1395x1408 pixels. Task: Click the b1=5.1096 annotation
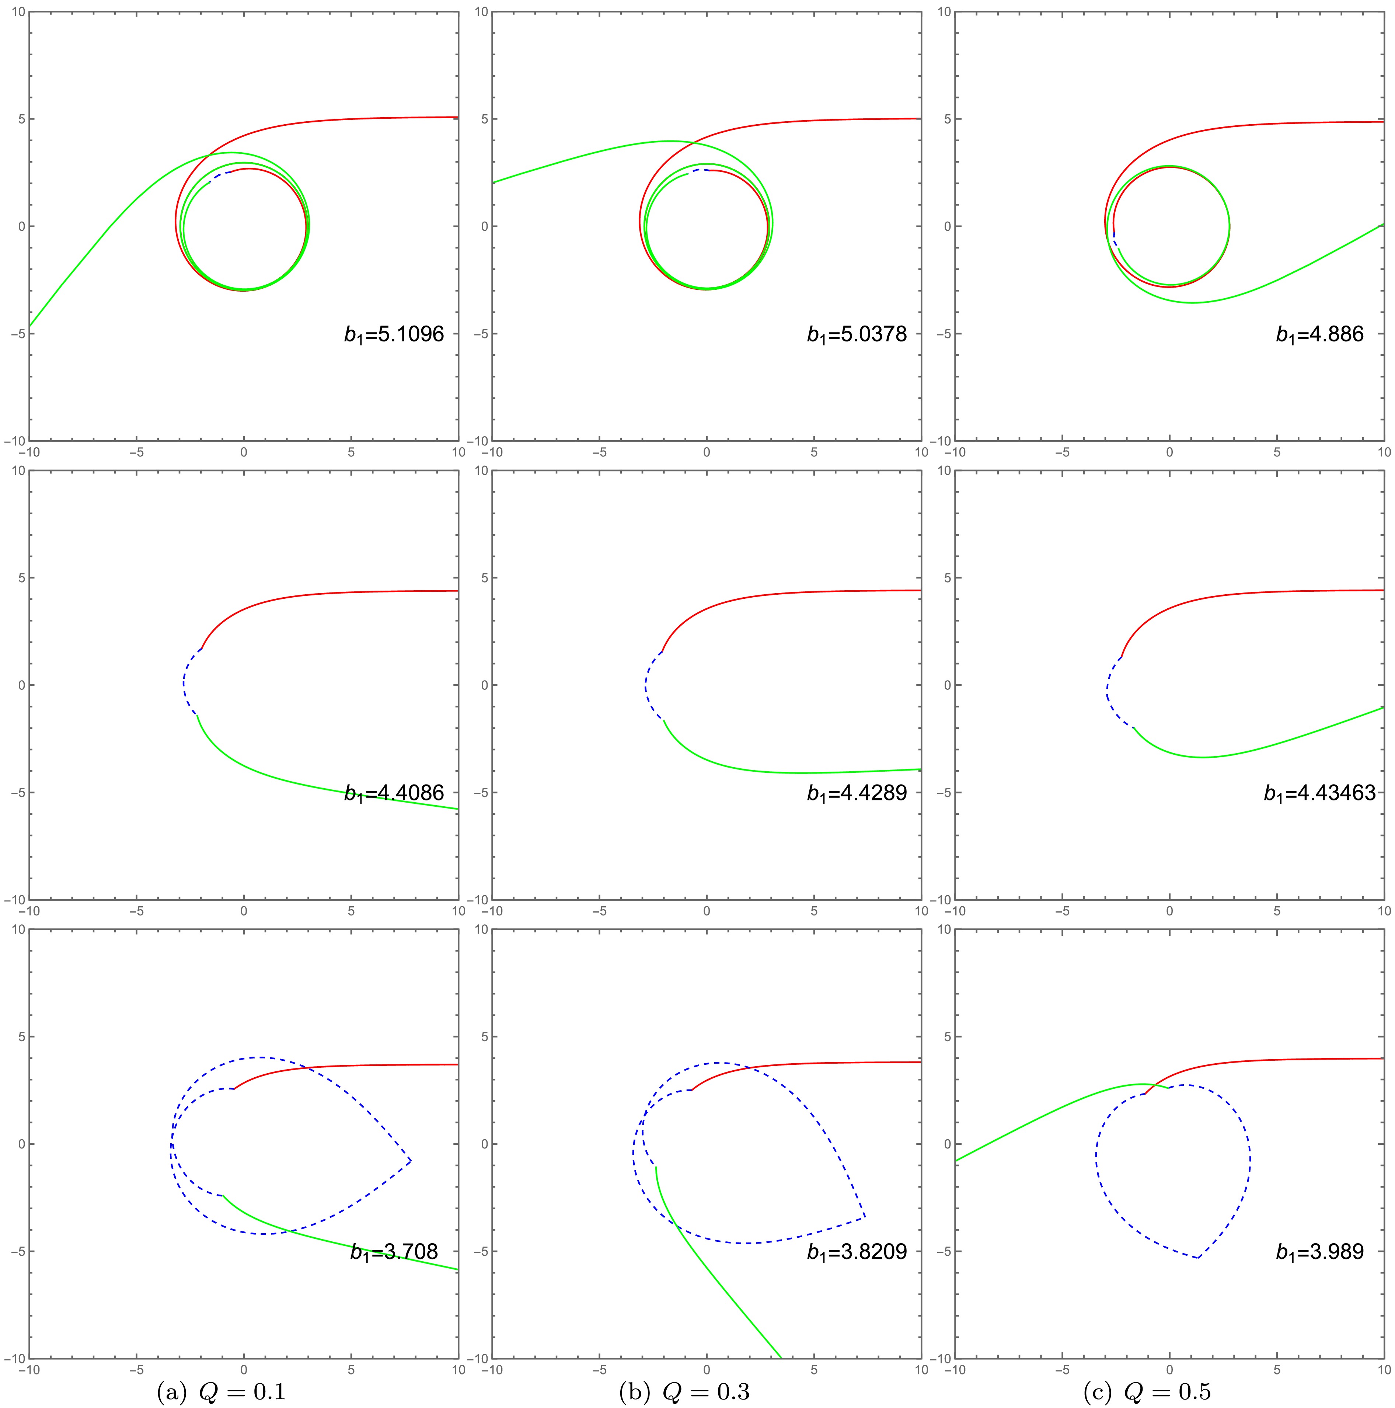[394, 334]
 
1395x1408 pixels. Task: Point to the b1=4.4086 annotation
[394, 793]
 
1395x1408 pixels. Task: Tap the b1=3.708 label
[394, 1252]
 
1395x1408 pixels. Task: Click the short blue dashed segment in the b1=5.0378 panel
[698, 171]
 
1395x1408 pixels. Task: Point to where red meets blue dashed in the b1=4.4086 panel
[202, 649]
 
